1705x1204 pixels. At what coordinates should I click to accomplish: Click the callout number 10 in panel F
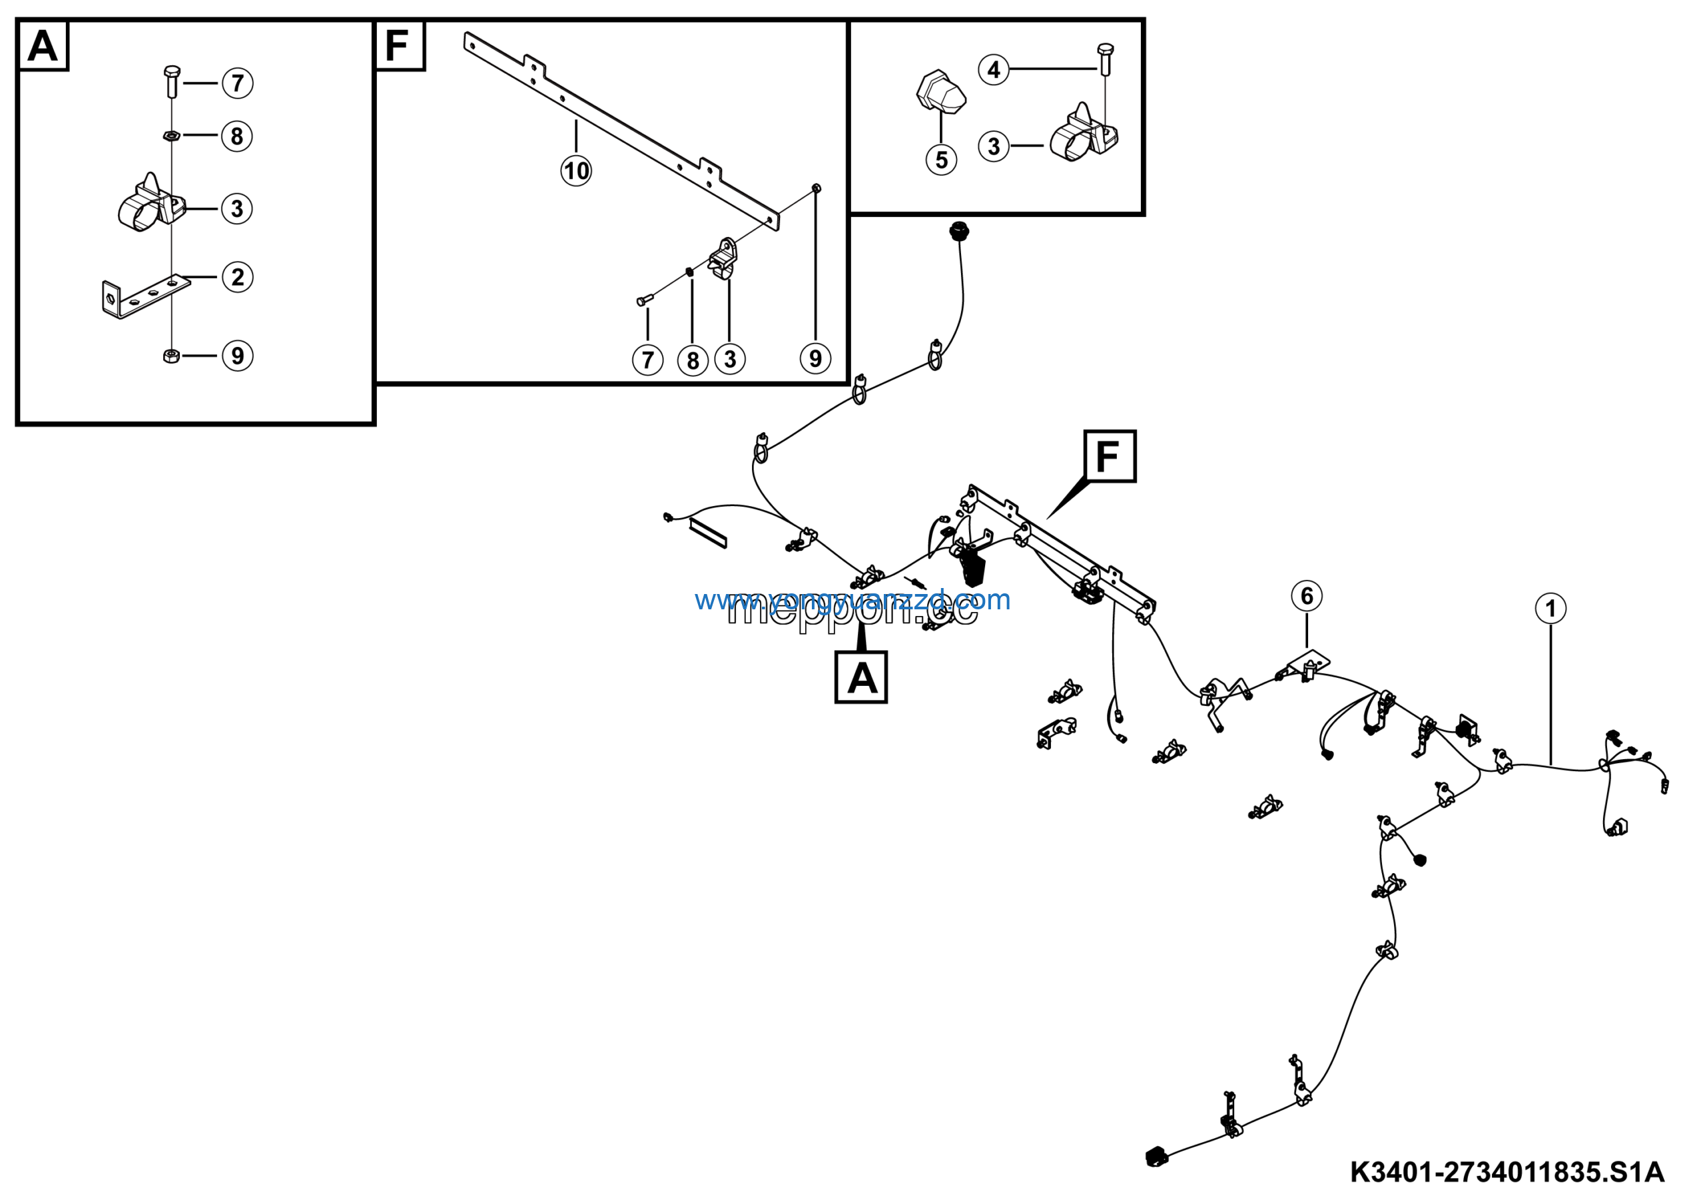(575, 171)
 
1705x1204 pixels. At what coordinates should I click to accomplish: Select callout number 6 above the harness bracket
(1306, 595)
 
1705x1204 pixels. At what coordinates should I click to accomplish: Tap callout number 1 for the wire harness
(1550, 609)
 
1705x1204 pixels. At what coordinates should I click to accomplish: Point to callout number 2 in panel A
(238, 277)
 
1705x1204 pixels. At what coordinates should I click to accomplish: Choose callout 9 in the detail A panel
(238, 356)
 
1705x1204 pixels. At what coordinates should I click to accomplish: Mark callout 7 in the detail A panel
(238, 83)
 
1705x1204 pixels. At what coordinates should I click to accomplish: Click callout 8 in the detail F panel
(693, 360)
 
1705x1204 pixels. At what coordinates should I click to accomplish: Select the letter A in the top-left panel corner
(43, 46)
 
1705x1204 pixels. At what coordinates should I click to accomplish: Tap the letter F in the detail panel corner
(398, 46)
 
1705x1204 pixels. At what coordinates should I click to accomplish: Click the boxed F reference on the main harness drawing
(1110, 457)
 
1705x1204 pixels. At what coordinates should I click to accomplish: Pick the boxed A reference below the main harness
(861, 678)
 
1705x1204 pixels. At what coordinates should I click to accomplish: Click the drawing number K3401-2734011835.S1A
(1507, 1172)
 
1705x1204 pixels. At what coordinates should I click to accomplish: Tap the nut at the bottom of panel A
(170, 356)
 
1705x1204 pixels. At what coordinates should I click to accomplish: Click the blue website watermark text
(852, 599)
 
